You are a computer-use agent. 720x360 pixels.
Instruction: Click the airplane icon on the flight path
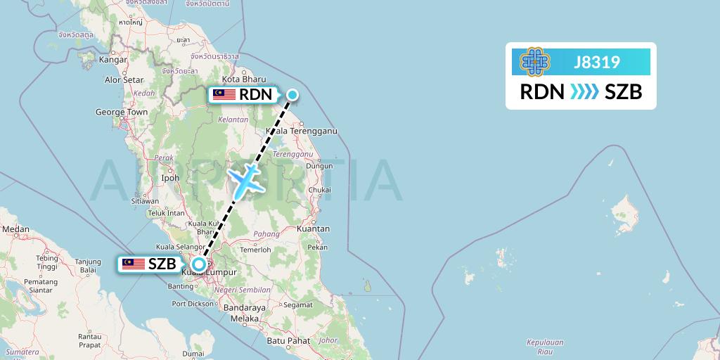(x=245, y=180)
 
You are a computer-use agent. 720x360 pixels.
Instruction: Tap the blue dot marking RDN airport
(x=292, y=95)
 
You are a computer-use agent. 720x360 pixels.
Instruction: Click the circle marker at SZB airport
(x=199, y=264)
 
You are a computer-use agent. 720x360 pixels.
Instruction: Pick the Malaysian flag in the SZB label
(x=134, y=264)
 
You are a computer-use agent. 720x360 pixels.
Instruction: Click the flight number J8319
(x=597, y=63)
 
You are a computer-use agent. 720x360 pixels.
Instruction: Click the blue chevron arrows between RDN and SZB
(x=584, y=91)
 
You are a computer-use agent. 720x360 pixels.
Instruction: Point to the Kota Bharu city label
(x=240, y=79)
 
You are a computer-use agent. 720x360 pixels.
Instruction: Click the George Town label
(x=122, y=112)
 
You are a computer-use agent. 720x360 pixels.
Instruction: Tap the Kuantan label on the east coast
(x=314, y=229)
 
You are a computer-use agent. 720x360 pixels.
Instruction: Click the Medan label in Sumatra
(x=15, y=229)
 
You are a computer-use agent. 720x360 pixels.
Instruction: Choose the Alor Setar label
(x=124, y=79)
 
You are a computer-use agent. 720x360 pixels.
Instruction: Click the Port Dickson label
(x=192, y=304)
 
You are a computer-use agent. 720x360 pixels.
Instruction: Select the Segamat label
(x=297, y=304)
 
